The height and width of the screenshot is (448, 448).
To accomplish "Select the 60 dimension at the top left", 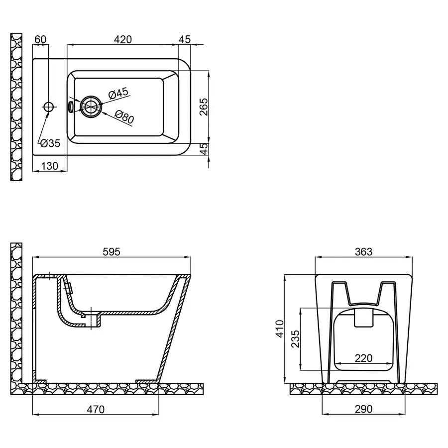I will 41,40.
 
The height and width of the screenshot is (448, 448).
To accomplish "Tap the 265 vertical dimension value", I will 204,107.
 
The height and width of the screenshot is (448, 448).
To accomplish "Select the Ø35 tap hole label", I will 50,143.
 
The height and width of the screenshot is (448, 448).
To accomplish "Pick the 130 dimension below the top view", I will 50,166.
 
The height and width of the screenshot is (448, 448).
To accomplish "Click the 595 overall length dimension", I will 111,252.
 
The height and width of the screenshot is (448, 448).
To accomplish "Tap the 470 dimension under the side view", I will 96,410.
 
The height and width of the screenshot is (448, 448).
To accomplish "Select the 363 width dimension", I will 364,252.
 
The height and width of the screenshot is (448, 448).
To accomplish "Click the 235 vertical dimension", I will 295,339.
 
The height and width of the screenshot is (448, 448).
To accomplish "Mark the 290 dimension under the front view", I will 364,409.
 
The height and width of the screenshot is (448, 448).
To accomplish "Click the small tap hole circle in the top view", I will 49,107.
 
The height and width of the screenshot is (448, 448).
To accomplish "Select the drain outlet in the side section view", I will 93,321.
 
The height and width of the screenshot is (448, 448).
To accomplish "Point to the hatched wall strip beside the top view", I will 16,107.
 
